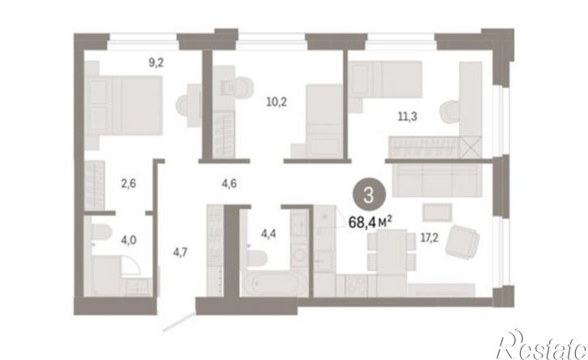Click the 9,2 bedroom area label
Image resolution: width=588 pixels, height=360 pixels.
(x=157, y=62)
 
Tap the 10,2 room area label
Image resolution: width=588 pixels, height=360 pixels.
(x=277, y=101)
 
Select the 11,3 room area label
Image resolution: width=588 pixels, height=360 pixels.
(x=407, y=117)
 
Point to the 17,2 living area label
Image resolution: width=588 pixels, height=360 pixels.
(x=429, y=238)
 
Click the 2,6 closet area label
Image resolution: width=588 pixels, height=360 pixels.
(x=129, y=184)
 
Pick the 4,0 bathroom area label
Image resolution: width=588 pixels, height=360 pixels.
(x=129, y=240)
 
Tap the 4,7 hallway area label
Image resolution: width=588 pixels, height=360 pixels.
(x=180, y=252)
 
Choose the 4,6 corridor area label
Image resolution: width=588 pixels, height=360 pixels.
(x=230, y=184)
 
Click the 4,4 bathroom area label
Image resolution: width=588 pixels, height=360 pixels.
(x=269, y=234)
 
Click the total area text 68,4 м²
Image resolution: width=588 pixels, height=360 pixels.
(x=370, y=222)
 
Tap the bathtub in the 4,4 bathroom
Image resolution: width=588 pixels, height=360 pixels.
(x=274, y=283)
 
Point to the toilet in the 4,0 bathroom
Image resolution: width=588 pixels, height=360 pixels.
(x=100, y=231)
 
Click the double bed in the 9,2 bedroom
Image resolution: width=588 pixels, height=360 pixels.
(x=124, y=105)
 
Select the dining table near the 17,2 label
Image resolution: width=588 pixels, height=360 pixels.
(x=392, y=252)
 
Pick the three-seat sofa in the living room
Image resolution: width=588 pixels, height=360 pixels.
(x=437, y=180)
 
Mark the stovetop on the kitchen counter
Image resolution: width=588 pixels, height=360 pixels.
(x=356, y=285)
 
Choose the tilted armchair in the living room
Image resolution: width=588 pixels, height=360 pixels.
(x=462, y=242)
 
